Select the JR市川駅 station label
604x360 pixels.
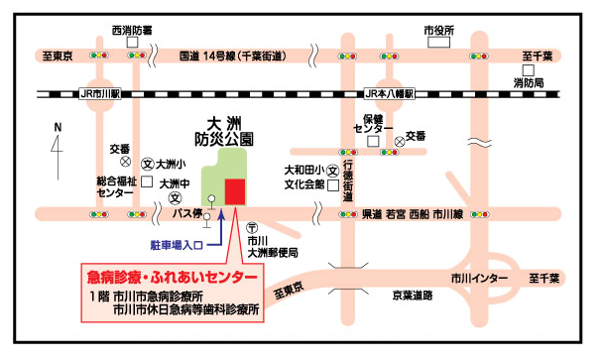(98, 94)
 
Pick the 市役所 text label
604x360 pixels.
(437, 31)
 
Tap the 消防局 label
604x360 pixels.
(528, 83)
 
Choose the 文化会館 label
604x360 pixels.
(305, 183)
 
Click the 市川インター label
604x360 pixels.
(479, 278)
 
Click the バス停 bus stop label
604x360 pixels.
(186, 212)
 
